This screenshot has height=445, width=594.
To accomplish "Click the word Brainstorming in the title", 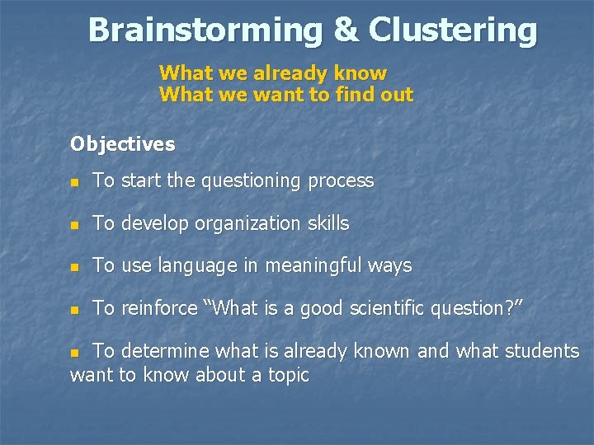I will [x=205, y=30].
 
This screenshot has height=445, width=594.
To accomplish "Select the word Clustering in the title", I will [x=453, y=30].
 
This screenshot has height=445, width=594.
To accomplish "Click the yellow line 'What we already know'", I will [x=272, y=73].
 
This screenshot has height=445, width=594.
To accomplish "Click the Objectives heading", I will [x=122, y=144].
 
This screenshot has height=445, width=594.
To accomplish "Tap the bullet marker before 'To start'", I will [x=75, y=181].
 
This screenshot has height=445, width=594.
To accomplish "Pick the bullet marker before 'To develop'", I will [x=75, y=224].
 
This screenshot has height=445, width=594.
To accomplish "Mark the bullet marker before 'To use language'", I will [x=75, y=267].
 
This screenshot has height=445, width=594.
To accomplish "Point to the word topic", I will [x=285, y=376].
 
